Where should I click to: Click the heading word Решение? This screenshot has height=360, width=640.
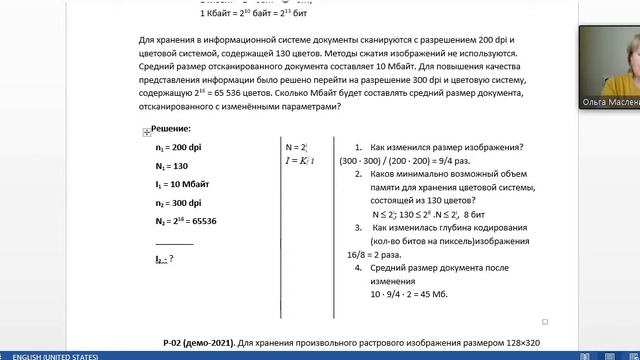pos(172,129)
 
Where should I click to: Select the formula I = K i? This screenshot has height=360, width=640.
pos(300,159)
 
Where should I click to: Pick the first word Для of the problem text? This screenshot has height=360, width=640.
pos(147,41)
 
